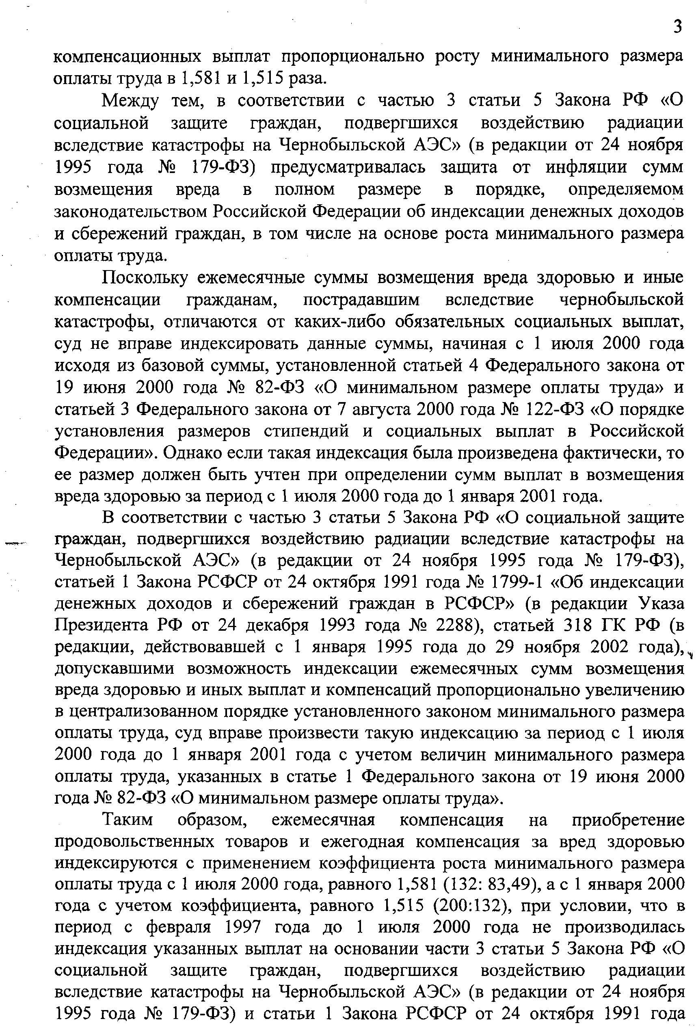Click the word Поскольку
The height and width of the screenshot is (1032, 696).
click(x=145, y=278)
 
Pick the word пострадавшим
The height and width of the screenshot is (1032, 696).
click(x=361, y=300)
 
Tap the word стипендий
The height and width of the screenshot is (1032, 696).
click(x=306, y=431)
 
